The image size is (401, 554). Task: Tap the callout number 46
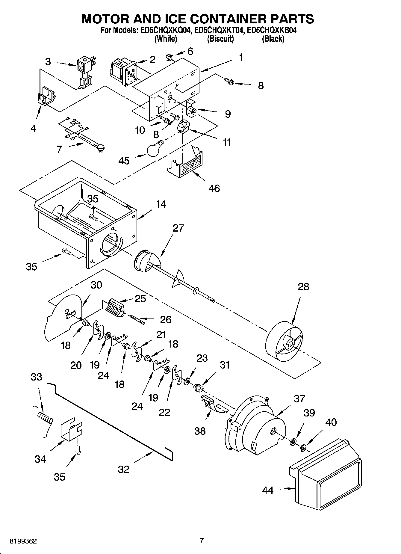pyautogui.click(x=214, y=188)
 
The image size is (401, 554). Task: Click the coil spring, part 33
pyautogui.click(x=45, y=417)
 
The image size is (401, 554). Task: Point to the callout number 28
pyautogui.click(x=303, y=287)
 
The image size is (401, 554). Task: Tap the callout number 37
pyautogui.click(x=299, y=398)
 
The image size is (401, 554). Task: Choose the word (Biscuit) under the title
pyautogui.click(x=220, y=39)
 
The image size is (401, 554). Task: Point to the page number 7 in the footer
pyautogui.click(x=202, y=541)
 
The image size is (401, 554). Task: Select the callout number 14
pyautogui.click(x=161, y=204)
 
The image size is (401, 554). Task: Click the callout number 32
pyautogui.click(x=123, y=469)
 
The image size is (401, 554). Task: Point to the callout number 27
pyautogui.click(x=178, y=228)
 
